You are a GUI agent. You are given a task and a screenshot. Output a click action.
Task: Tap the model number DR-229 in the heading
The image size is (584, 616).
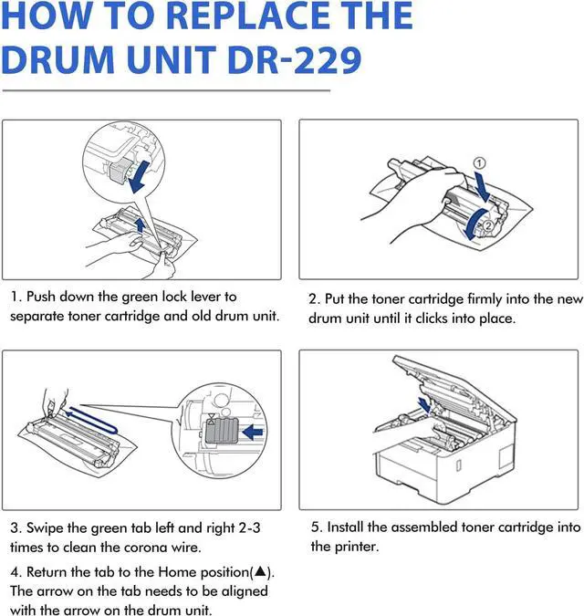(294, 59)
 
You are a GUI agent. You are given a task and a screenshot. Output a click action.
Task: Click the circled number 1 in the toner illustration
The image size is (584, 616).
(480, 163)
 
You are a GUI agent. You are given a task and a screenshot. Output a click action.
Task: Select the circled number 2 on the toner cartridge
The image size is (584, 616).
(487, 225)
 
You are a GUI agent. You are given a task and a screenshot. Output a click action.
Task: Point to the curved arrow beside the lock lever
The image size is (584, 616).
(139, 176)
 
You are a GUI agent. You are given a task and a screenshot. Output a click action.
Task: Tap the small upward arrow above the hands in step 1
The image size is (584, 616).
(140, 225)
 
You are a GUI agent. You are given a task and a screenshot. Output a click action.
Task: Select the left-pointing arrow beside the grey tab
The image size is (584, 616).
(253, 433)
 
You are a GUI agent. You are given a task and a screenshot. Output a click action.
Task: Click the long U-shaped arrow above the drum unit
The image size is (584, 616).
(93, 421)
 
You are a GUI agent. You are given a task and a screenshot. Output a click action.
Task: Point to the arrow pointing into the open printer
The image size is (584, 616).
(424, 404)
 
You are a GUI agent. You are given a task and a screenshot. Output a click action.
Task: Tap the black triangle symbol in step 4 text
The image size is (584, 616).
(261, 571)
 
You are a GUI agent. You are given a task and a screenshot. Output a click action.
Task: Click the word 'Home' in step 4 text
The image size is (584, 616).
(176, 571)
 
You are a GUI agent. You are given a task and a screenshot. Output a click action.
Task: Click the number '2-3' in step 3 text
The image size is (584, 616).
(249, 527)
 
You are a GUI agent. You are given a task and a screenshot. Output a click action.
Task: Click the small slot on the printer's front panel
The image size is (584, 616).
(458, 465)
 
